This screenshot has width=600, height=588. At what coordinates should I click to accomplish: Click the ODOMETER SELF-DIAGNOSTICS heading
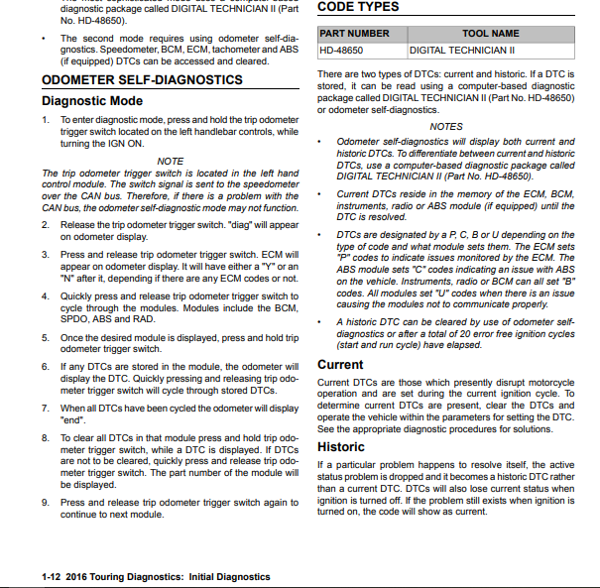click(x=142, y=79)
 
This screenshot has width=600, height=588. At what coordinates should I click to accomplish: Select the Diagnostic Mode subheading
click(x=92, y=100)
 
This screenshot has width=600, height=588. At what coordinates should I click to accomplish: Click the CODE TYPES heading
click(x=358, y=7)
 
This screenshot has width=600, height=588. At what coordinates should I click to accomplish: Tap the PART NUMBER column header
click(x=355, y=34)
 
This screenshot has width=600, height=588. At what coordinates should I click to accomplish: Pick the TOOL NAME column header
click(x=491, y=34)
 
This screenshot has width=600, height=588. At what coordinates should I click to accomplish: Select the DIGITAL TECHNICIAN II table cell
click(x=462, y=50)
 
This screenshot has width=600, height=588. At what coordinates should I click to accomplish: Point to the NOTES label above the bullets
click(x=446, y=126)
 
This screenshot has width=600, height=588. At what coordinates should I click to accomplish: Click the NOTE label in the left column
click(x=171, y=161)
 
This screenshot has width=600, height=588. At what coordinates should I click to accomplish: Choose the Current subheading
click(x=340, y=365)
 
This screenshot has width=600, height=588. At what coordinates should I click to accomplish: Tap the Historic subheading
click(x=340, y=447)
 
